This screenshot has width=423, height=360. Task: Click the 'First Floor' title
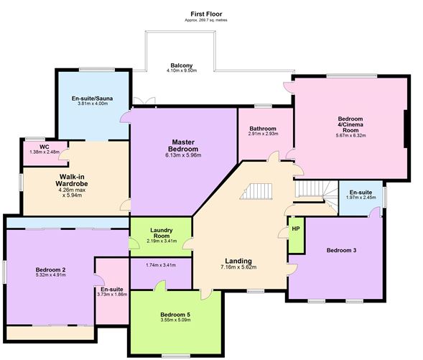point(206,14)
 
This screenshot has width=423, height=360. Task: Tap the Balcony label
point(182,65)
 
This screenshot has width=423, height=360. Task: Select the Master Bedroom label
point(183,145)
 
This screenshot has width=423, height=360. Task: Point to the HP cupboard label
point(296,229)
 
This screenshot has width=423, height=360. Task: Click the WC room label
point(45,147)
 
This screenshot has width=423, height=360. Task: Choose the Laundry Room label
point(162,233)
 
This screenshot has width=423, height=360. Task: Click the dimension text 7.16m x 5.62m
point(238,267)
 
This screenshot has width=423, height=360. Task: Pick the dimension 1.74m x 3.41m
point(161,265)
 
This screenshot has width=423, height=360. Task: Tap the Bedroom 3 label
point(341,250)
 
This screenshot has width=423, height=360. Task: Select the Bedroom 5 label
point(175,315)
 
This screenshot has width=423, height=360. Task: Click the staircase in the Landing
point(256,191)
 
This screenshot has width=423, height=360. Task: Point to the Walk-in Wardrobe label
point(72,180)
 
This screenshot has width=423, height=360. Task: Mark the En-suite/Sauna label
point(92,98)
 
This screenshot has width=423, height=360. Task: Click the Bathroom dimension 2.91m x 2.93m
point(264,134)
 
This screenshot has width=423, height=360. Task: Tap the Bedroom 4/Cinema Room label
point(350,124)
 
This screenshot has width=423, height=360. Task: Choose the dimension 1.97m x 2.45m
point(361,198)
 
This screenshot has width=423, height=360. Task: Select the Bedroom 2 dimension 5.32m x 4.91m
point(51,275)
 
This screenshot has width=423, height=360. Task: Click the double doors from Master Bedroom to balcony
point(144,101)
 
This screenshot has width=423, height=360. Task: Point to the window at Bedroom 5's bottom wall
point(175,356)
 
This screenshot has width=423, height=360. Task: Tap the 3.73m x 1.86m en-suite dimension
point(112,295)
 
